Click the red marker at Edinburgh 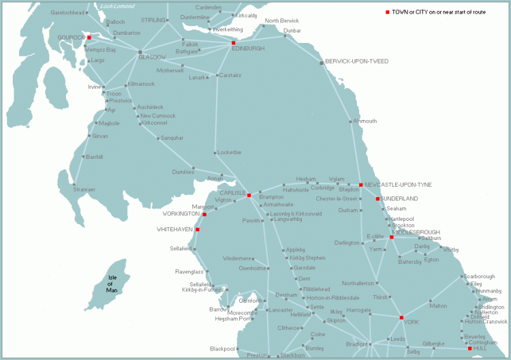pyautogui.click(x=234, y=42)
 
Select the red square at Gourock pyautogui.click(x=89, y=37)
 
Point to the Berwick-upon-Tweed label pyautogui.click(x=356, y=61)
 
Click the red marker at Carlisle pyautogui.click(x=249, y=196)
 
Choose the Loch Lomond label pyautogui.click(x=117, y=6)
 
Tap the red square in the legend pyautogui.click(x=387, y=12)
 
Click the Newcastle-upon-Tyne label pyautogui.click(x=398, y=185)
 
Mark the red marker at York pyautogui.click(x=401, y=318)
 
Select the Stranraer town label pyautogui.click(x=84, y=189)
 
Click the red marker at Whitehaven pyautogui.click(x=198, y=230)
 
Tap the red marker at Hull pyautogui.click(x=469, y=348)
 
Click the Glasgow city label pyautogui.click(x=153, y=57)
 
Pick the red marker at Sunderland pyautogui.click(x=377, y=198)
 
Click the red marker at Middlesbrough pyautogui.click(x=392, y=237)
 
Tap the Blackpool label pyautogui.click(x=223, y=349)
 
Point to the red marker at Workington pyautogui.click(x=204, y=214)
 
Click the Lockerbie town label pyautogui.click(x=228, y=152)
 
